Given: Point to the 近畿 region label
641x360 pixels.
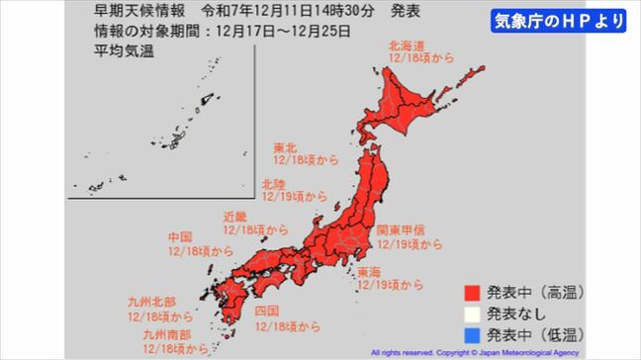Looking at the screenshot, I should click(231, 215).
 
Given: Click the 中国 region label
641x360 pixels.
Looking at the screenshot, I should click(181, 237).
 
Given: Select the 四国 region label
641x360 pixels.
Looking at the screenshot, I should click(266, 312).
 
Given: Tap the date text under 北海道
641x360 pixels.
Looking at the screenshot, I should click(420, 59).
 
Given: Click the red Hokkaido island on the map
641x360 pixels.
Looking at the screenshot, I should click(406, 99).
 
